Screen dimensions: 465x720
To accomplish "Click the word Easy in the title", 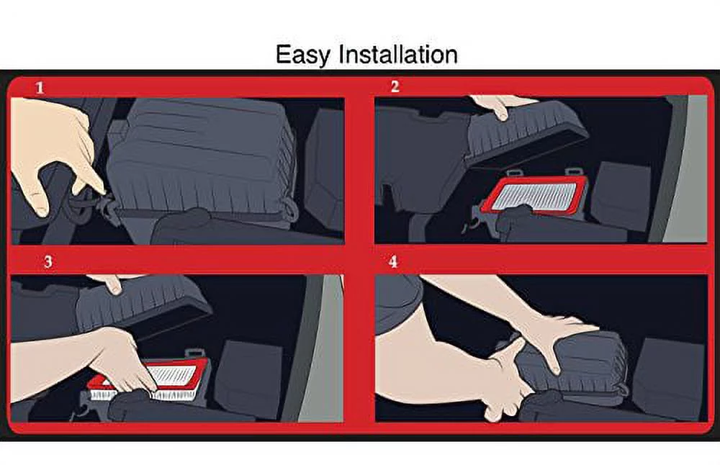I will point(301,55).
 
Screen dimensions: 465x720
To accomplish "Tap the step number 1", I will point(40,89).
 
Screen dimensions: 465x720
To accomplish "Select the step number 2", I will point(394,87).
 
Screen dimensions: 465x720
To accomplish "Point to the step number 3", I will point(48,262).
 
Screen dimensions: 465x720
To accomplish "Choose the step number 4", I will point(392,261).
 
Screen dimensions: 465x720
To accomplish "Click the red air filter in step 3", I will point(180,377).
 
